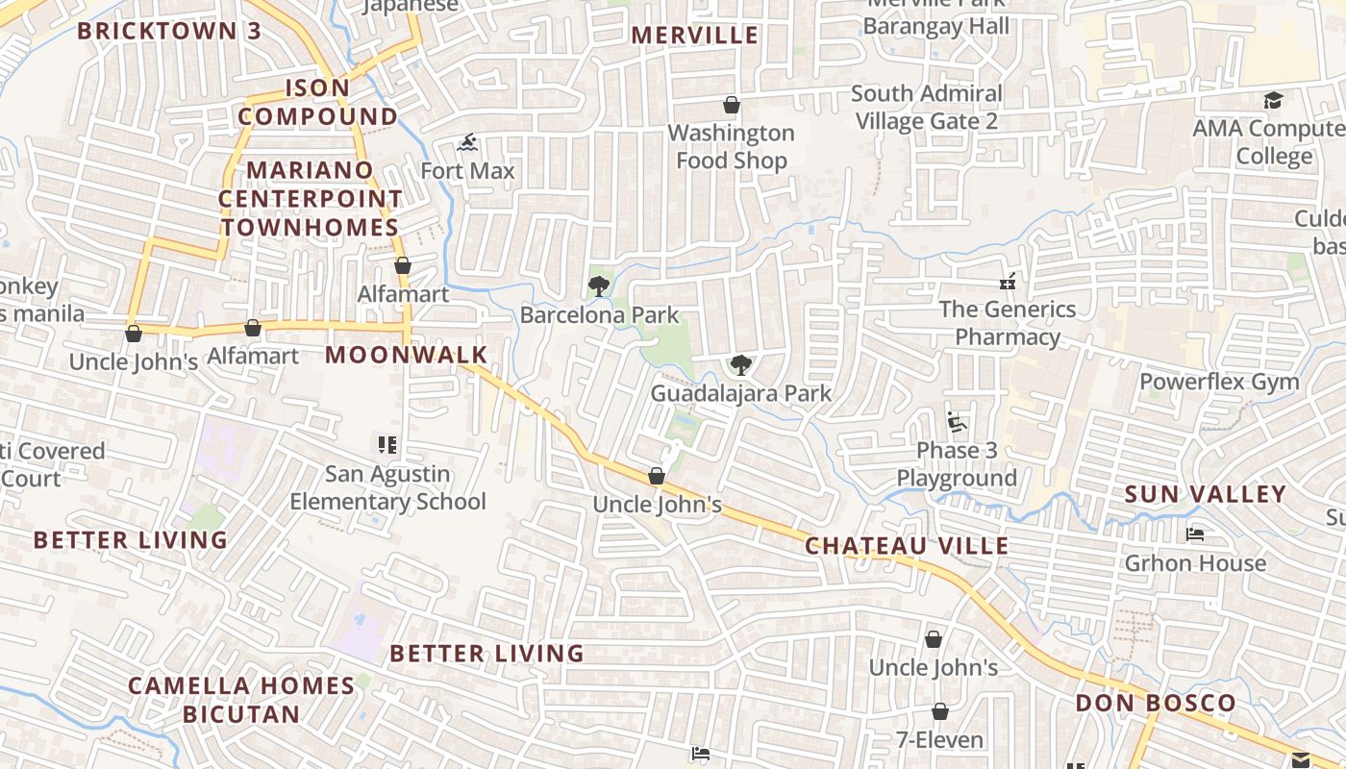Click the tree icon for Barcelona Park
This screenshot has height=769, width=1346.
[x=598, y=285]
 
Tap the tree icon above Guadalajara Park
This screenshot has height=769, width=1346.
[x=740, y=364]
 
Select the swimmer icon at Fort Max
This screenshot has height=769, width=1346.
[x=467, y=143]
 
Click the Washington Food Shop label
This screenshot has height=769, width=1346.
[x=732, y=147]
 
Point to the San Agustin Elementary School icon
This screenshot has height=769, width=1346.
[x=387, y=445]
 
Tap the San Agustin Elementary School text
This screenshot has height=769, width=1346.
[x=387, y=487]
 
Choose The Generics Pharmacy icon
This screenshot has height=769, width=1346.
[x=1008, y=282]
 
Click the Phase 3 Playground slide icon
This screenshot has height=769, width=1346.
[x=956, y=422]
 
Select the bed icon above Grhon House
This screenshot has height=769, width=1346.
[x=1195, y=534]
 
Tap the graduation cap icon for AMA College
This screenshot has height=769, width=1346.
[x=1273, y=100]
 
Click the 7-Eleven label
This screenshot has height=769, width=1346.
[x=939, y=740]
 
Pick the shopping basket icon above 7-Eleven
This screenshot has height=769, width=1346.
[x=939, y=711]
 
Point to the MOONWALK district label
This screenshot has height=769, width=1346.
[x=407, y=355]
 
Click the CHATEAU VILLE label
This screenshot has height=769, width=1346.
[x=907, y=546]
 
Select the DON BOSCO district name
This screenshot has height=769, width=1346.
[x=1156, y=703]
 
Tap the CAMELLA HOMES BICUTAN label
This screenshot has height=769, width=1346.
[x=241, y=700]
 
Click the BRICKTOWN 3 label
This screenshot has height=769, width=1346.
[x=169, y=31]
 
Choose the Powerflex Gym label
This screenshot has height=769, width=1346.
[x=1219, y=382]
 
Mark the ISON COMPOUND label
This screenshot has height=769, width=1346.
[x=317, y=102]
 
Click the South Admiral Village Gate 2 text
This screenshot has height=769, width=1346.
[x=927, y=108]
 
